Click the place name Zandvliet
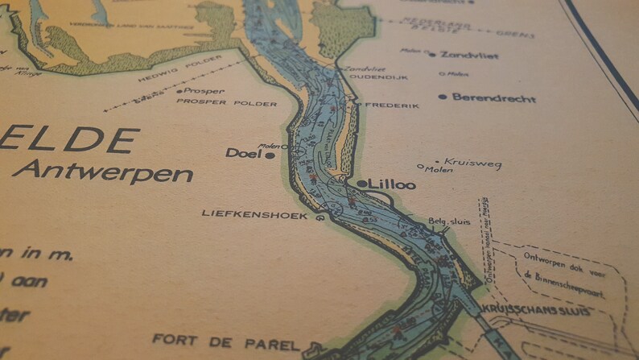coord(469,55)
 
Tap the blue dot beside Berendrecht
coord(443,97)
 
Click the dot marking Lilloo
coord(361,184)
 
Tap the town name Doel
coord(244,152)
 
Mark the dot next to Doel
coord(270,154)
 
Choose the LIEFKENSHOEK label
coord(256,215)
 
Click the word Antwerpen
coord(103,172)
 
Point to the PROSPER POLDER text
coord(226,104)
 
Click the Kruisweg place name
coord(472,163)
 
